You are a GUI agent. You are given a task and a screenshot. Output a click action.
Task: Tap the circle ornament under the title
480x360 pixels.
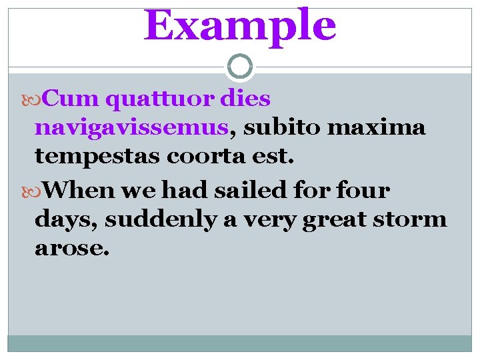[x=240, y=67]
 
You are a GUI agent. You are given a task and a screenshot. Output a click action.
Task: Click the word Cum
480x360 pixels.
[x=73, y=99]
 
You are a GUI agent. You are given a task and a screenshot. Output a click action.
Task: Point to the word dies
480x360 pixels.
[x=246, y=99]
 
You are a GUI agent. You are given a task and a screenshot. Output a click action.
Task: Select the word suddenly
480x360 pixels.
[x=161, y=219]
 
